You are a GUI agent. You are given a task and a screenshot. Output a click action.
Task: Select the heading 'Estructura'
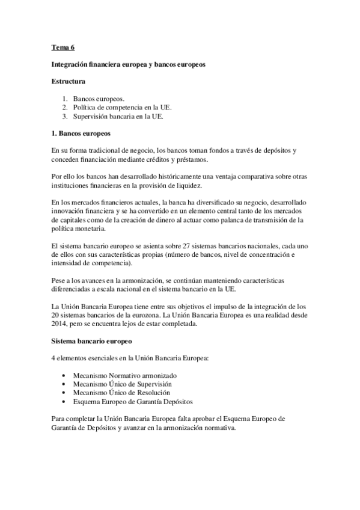pyautogui.click(x=69, y=80)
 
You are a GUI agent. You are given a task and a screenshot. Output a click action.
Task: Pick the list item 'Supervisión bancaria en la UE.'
pyautogui.click(x=118, y=117)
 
